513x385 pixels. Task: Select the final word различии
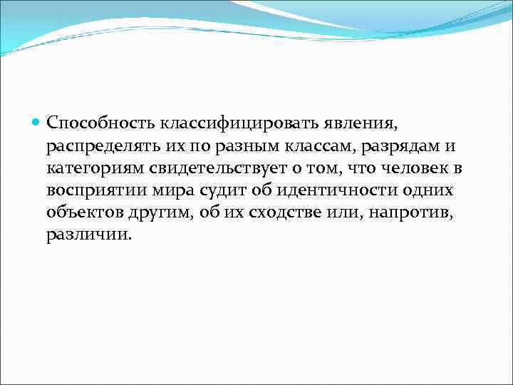(88, 235)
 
